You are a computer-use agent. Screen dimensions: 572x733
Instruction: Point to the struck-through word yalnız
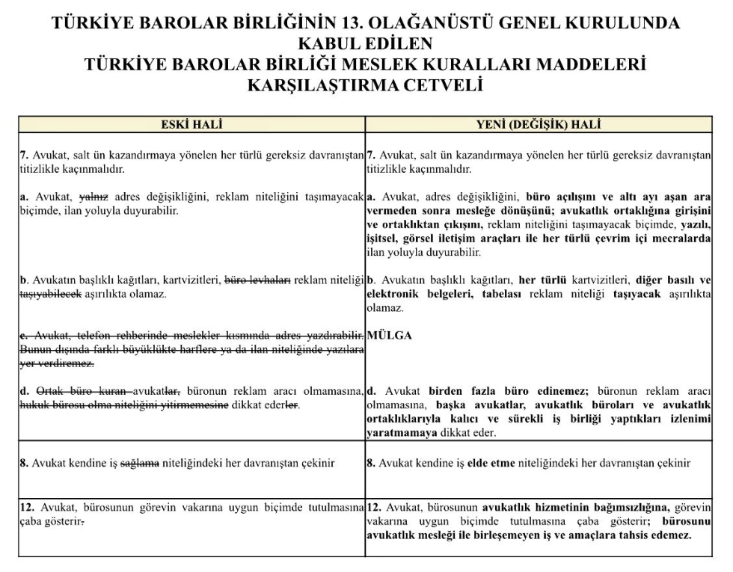[x=94, y=198]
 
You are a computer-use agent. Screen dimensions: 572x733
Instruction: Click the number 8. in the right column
[x=371, y=464]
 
